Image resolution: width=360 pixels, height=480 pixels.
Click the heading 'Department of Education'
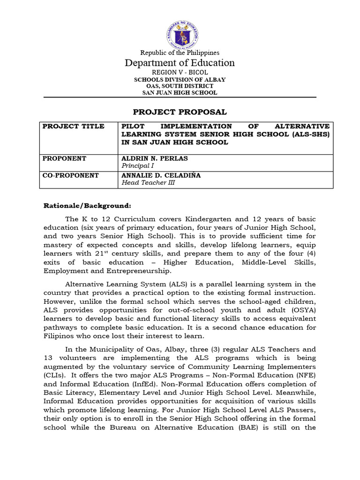coord(180,63)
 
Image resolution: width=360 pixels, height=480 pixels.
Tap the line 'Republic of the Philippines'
coord(180,53)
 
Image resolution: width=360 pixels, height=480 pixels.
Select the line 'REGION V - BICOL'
coord(180,72)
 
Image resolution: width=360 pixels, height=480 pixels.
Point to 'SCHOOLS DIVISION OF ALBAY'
coord(180,80)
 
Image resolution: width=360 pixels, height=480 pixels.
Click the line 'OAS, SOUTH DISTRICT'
coord(180,86)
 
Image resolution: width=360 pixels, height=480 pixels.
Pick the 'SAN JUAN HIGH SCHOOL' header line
coord(180,93)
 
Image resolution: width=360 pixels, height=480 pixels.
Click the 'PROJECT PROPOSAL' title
coord(180,112)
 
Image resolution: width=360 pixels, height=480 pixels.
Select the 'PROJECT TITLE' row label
coord(73,127)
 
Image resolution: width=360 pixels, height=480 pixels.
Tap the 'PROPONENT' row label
coord(65,158)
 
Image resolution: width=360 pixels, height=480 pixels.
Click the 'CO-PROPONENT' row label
coord(71,175)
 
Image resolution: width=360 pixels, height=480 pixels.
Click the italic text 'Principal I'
coord(137,166)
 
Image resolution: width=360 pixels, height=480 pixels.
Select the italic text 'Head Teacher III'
coord(148,183)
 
